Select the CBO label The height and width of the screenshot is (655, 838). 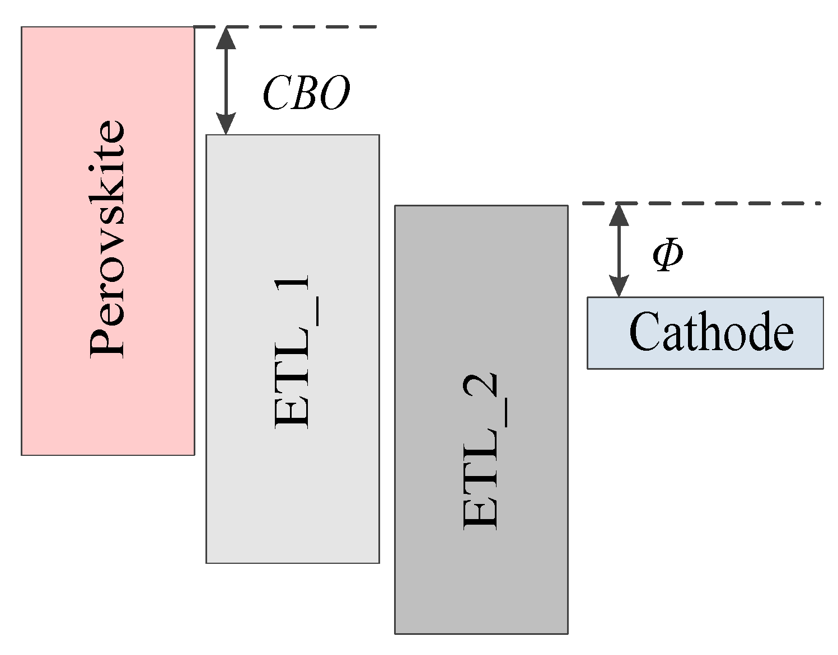coord(306,93)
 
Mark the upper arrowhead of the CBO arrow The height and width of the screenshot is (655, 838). coord(226,36)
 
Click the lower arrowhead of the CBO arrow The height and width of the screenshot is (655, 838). coord(226,124)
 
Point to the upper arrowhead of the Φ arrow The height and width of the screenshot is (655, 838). coord(619,214)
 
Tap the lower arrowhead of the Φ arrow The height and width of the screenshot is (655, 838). coord(619,287)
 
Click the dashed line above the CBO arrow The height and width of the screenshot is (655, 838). coord(313,26)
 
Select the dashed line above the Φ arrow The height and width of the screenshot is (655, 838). coord(728,204)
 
